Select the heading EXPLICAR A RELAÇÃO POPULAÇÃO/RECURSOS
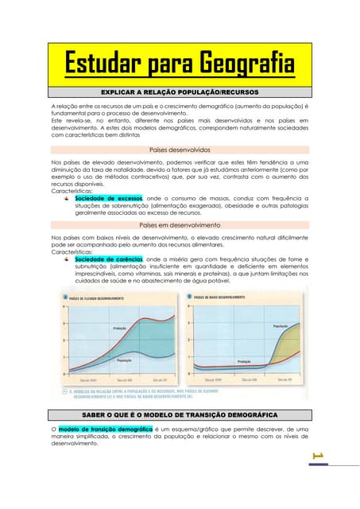coord(180,92)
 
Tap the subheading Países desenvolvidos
coord(180,149)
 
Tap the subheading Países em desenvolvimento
coord(180,225)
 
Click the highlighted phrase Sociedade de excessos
coord(108,198)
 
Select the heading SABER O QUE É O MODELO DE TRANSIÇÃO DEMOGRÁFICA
coord(180,414)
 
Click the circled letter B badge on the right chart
coord(188,297)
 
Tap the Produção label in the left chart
coord(120,328)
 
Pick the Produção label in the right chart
coord(245,361)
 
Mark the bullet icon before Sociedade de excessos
coord(68,198)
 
